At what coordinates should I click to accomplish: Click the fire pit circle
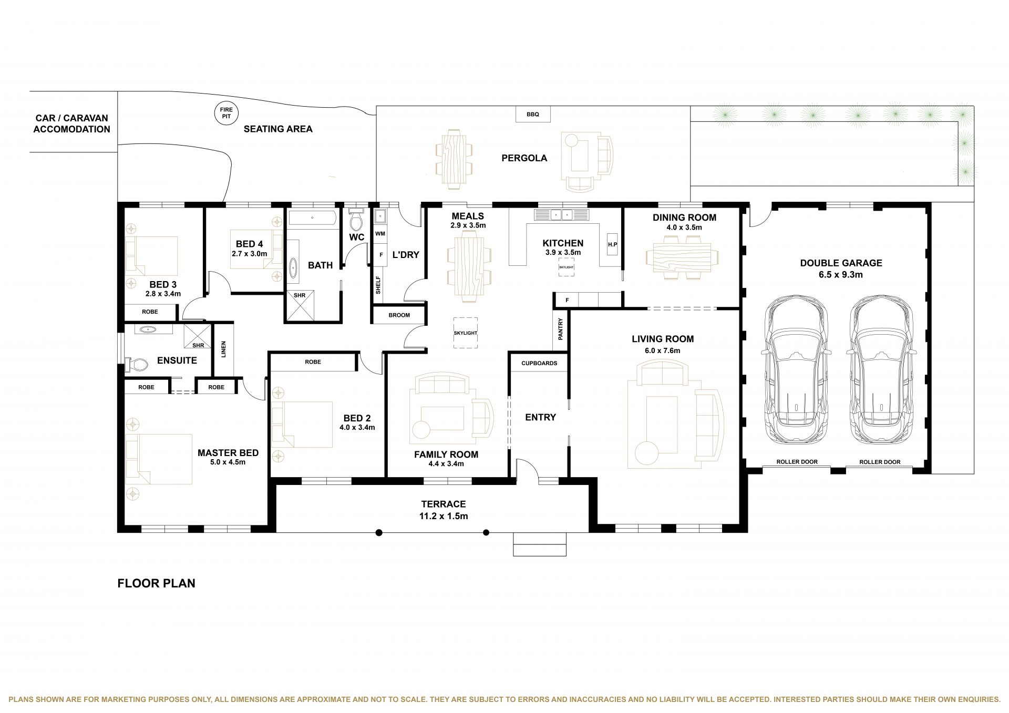click(x=226, y=112)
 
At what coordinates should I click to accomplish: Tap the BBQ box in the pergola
click(x=533, y=114)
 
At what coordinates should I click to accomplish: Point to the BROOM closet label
click(x=399, y=315)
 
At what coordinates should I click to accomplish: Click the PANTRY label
click(x=561, y=329)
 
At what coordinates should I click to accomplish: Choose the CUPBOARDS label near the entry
click(x=539, y=363)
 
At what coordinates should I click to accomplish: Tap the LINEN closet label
click(x=223, y=349)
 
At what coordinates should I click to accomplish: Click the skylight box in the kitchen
click(x=567, y=267)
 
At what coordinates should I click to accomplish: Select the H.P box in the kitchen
click(x=612, y=244)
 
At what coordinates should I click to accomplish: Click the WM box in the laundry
click(x=380, y=233)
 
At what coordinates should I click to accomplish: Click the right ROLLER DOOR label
click(x=880, y=462)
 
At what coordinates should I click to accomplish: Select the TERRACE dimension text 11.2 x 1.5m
click(x=443, y=516)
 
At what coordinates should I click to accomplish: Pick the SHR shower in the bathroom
click(x=300, y=306)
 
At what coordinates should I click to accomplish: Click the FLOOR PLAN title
click(x=156, y=583)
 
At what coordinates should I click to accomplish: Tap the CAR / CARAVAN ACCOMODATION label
click(x=72, y=124)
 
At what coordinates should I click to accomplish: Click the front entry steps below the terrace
click(x=540, y=544)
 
